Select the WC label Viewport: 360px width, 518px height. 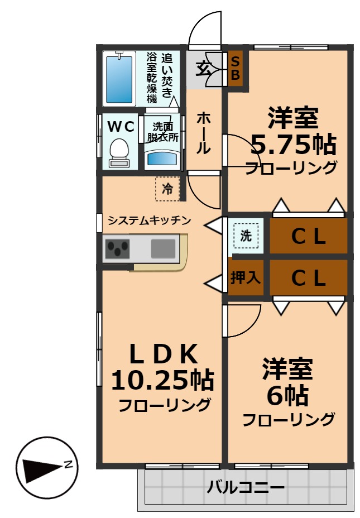pos(121,126)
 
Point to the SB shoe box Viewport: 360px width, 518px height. pos(236,68)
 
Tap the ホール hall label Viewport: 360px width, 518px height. pos(204,133)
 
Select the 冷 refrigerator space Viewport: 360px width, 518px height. pos(167,189)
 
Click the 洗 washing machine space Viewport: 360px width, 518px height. pos(246,236)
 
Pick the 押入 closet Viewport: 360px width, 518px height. pos(246,277)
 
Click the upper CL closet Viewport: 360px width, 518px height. pos(309,237)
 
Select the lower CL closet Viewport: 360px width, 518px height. pos(309,277)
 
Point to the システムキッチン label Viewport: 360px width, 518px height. pos(149,220)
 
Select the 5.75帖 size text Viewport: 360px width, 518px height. pos(292,145)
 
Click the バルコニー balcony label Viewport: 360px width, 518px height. pos(246,487)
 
